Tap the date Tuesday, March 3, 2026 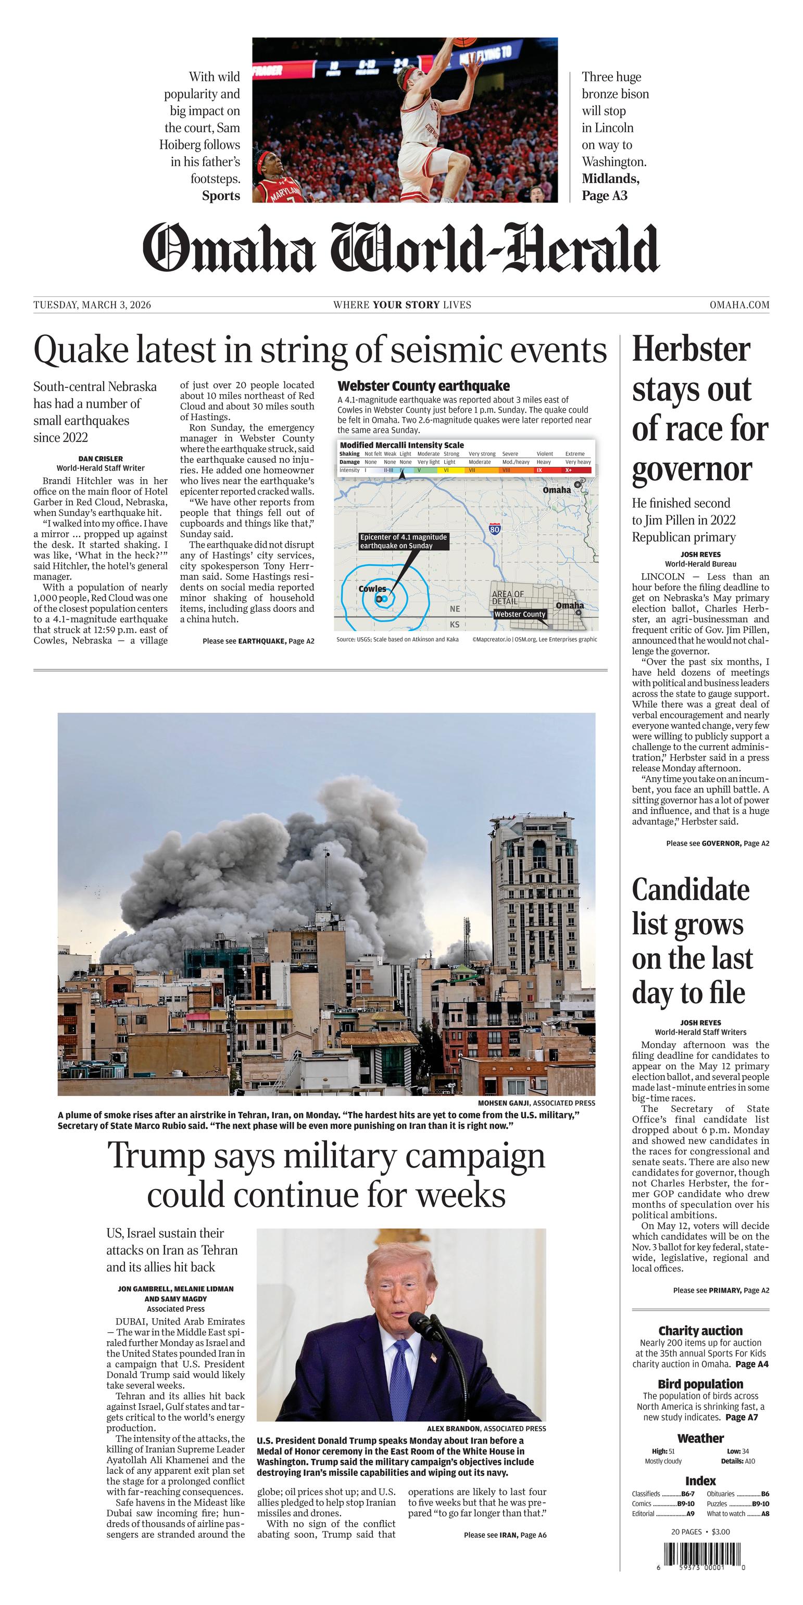coord(92,305)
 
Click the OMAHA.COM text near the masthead coord(739,305)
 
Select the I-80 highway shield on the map coord(494,529)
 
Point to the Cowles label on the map coord(372,589)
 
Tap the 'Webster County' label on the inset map coord(519,614)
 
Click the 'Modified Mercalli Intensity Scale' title coord(402,445)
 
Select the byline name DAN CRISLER coord(101,459)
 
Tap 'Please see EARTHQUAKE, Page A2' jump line coord(258,640)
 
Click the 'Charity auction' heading coord(700,1331)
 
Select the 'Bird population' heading coord(700,1384)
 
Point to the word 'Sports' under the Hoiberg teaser coord(221,196)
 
